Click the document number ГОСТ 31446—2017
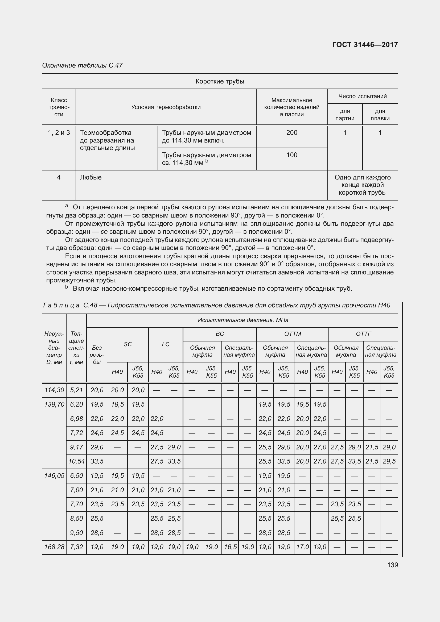click(365, 45)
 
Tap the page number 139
click(393, 565)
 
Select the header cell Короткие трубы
click(220, 81)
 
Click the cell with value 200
click(292, 133)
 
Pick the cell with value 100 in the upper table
click(292, 155)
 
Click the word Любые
click(91, 177)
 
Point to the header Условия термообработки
click(166, 107)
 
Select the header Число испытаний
click(363, 96)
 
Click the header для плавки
click(380, 115)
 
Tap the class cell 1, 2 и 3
click(59, 133)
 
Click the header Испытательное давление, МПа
click(243, 320)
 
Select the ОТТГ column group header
click(363, 334)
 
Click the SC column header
click(128, 344)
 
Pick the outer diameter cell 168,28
click(54, 547)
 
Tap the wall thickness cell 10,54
click(76, 461)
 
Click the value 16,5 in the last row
click(230, 547)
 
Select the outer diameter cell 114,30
click(54, 390)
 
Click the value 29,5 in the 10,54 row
click(389, 461)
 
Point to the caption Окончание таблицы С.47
click(83, 65)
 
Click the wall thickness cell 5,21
click(76, 390)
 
